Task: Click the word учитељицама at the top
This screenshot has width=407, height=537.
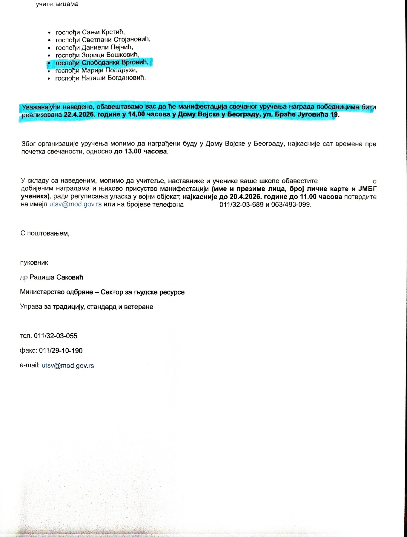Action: point(57,4)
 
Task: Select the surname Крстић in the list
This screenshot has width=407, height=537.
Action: point(113,32)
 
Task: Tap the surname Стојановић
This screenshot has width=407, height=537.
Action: point(132,40)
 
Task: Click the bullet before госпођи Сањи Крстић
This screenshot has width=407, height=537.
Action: point(50,33)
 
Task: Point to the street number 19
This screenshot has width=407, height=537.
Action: point(334,115)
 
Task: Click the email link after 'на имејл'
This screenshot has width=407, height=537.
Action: point(76,205)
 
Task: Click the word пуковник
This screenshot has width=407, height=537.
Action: point(34,263)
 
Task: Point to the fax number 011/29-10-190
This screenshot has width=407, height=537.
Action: point(61,351)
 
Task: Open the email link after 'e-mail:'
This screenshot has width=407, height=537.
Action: point(68,365)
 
